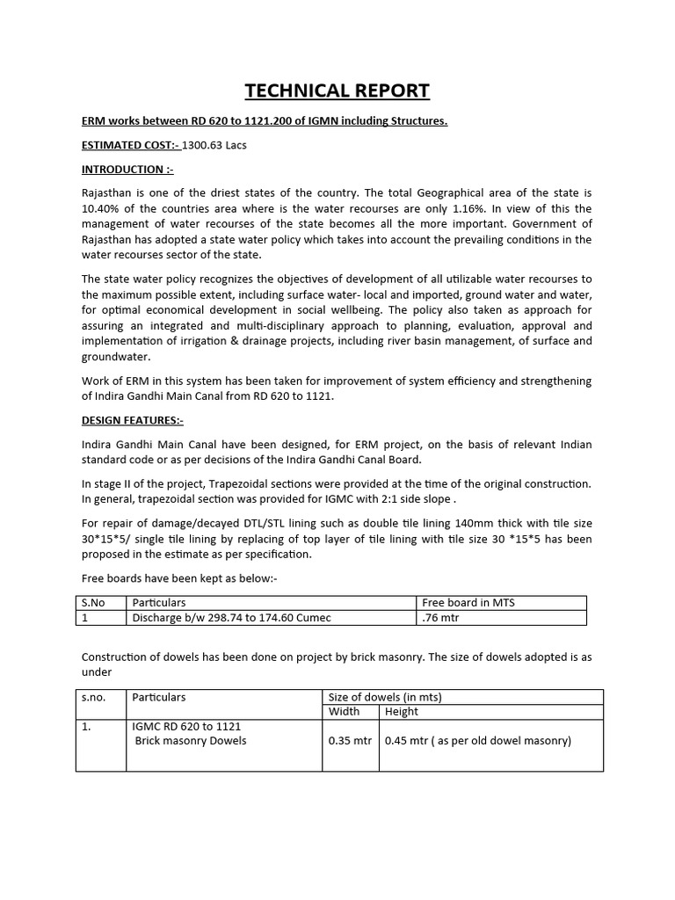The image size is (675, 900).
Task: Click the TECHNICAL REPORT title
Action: pyautogui.click(x=337, y=91)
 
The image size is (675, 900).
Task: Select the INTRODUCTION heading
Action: pyautogui.click(x=127, y=169)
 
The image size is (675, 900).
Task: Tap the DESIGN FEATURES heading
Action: pyautogui.click(x=132, y=421)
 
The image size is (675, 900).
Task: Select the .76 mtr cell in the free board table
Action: pyautogui.click(x=440, y=618)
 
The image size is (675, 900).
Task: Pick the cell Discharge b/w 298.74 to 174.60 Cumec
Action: pyautogui.click(x=231, y=618)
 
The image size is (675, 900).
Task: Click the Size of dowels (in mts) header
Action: pyautogui.click(x=384, y=697)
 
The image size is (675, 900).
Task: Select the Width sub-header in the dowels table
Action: pyautogui.click(x=343, y=712)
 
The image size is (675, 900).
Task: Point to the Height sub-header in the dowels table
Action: pyautogui.click(x=402, y=712)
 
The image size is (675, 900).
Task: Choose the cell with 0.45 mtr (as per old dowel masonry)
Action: pyautogui.click(x=477, y=741)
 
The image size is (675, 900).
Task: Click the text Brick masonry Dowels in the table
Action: pyautogui.click(x=191, y=741)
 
